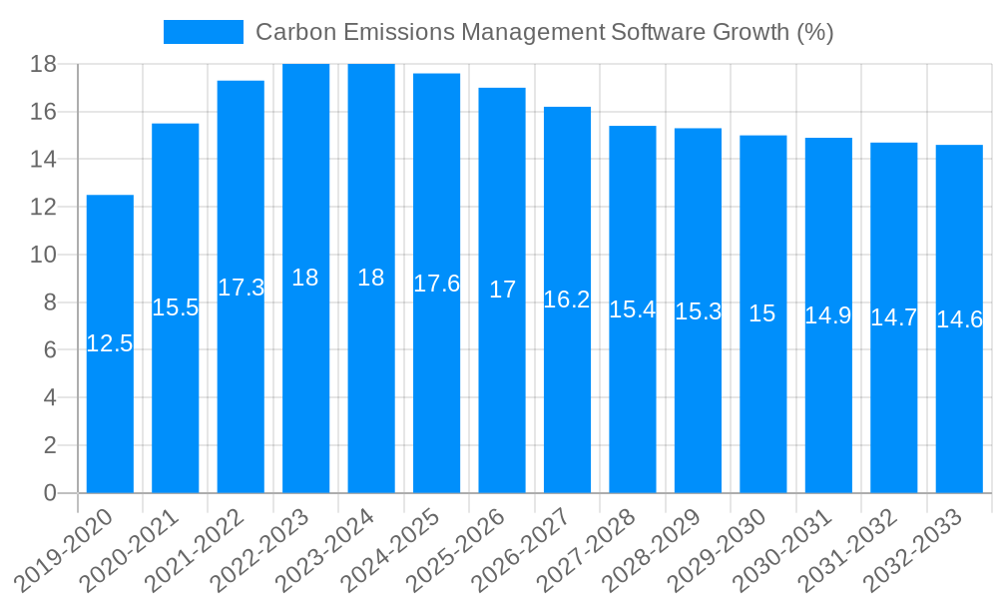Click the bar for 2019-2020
coord(110,399)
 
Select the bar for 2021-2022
coord(241,379)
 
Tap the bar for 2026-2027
coord(567,399)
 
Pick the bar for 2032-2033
coord(959,399)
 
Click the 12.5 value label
coord(110,343)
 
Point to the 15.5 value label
coord(176,307)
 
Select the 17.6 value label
coord(437,284)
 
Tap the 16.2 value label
coord(567,299)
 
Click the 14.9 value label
coord(828,315)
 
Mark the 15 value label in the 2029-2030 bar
coord(762,313)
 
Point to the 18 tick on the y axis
coord(43,64)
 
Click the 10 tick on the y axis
coord(43,255)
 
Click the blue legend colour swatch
coord(204,32)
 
